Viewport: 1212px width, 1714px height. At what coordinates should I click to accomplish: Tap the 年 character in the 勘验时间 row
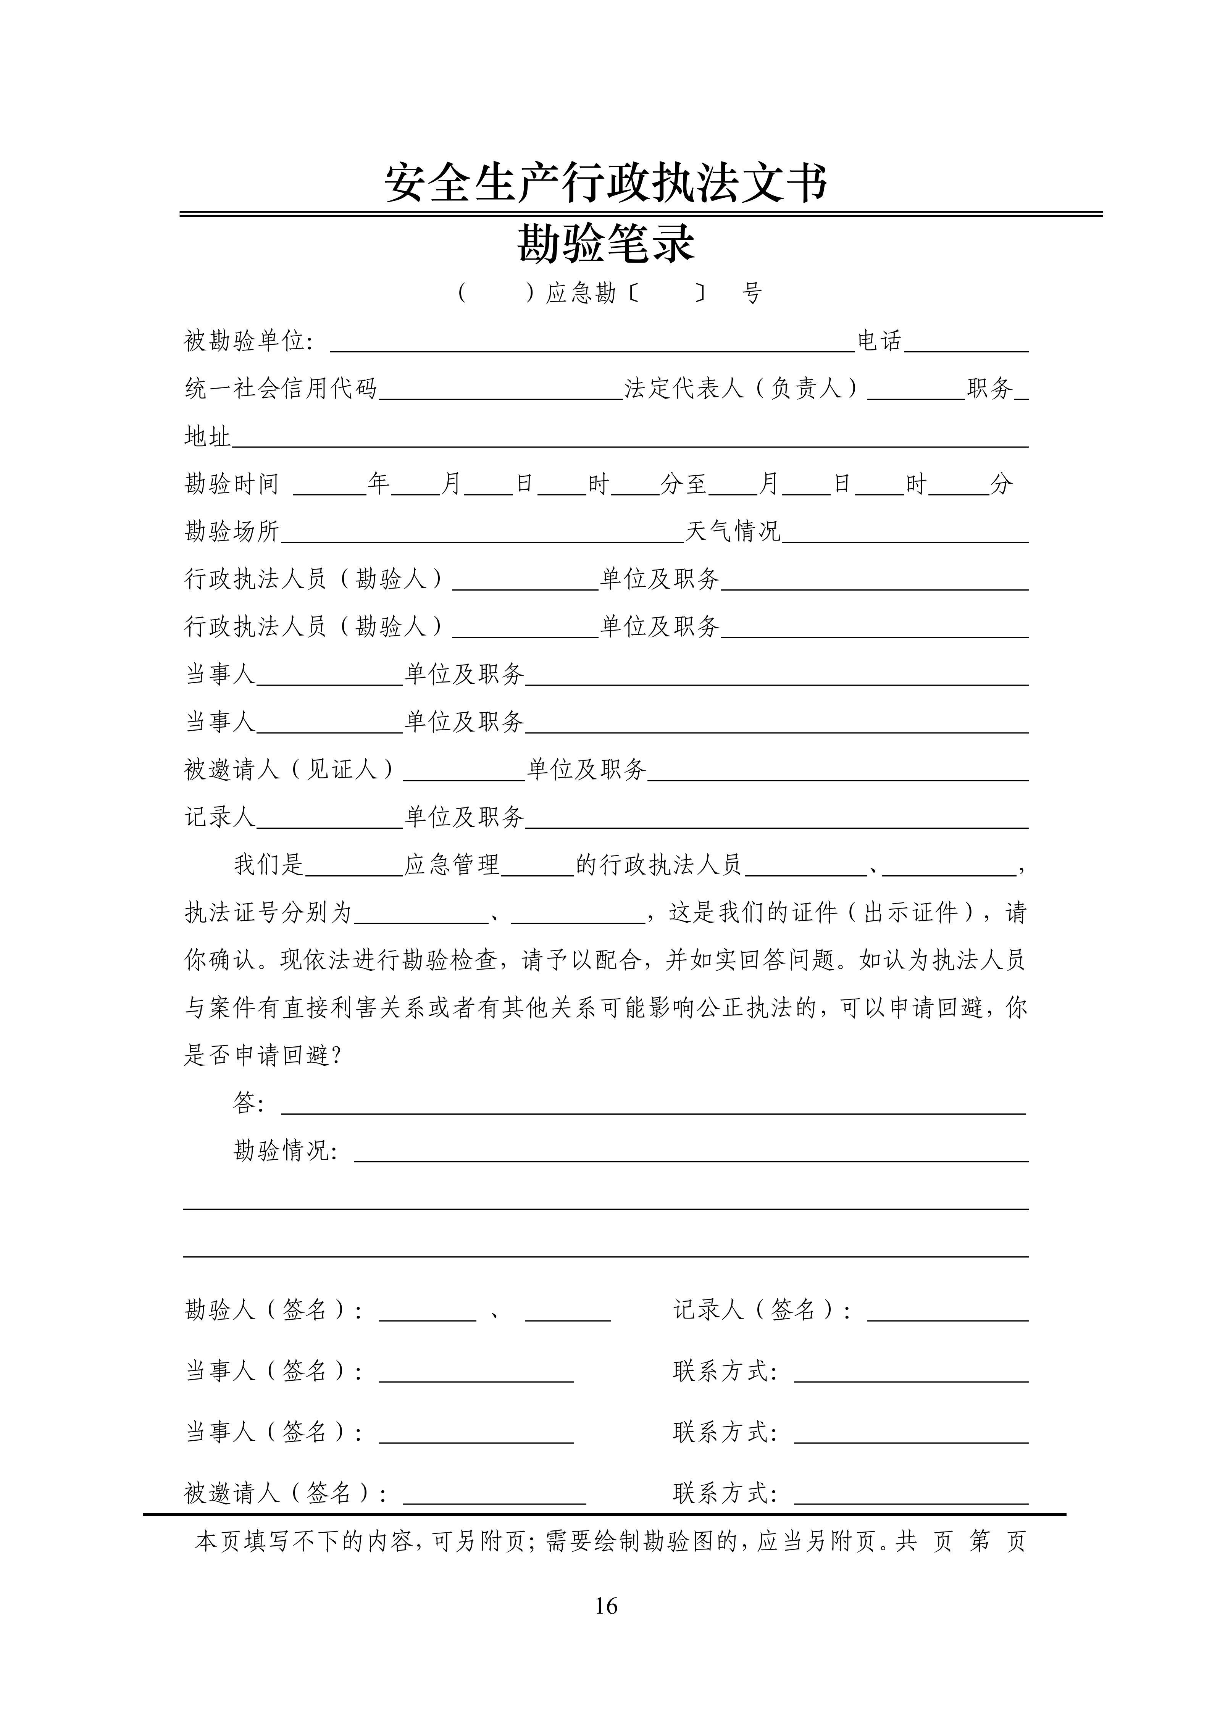tap(378, 484)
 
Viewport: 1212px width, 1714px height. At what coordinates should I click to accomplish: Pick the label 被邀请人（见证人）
tap(290, 769)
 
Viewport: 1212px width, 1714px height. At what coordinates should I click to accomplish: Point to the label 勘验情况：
tap(286, 1151)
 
